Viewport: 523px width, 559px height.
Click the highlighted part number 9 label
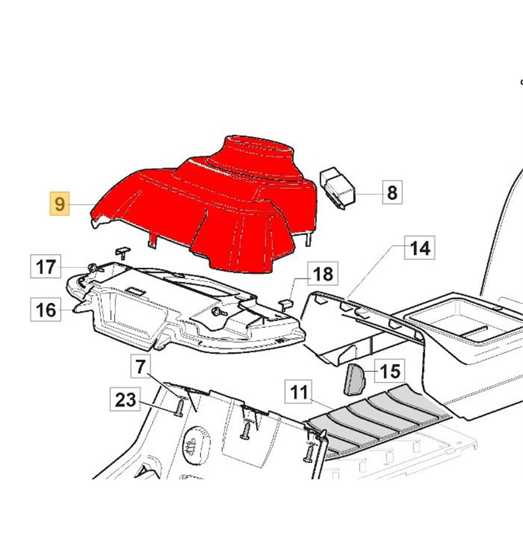point(59,203)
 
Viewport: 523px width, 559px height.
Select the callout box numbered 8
point(392,192)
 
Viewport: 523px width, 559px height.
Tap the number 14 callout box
point(420,248)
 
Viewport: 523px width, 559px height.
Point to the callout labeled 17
point(46,266)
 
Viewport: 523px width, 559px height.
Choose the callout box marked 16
point(46,310)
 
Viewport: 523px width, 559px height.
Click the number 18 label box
point(323,274)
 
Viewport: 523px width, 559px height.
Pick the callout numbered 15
point(390,371)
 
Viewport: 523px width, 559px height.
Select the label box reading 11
point(298,392)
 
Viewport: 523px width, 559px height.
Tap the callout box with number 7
point(141,367)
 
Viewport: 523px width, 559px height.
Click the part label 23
point(125,399)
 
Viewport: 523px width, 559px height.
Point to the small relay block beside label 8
point(337,188)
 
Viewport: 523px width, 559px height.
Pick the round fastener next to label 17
point(92,267)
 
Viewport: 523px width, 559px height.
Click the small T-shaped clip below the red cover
point(123,252)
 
